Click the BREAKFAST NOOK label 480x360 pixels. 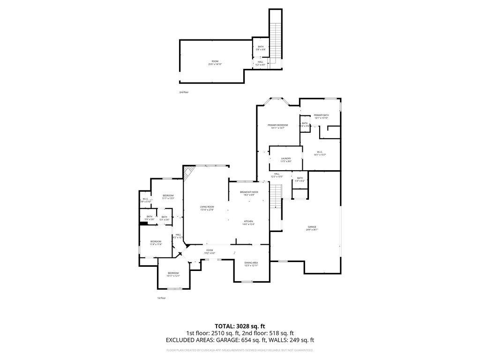click(x=249, y=193)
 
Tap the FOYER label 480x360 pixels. click(x=209, y=251)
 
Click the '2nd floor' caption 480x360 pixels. click(x=184, y=92)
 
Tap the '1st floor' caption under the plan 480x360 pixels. click(x=161, y=298)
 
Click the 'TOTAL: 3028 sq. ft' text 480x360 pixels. click(x=240, y=326)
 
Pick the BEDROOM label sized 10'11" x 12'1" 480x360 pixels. click(x=173, y=274)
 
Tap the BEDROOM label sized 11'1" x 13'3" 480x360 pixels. click(x=168, y=196)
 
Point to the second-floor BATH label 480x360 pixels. click(x=261, y=47)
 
